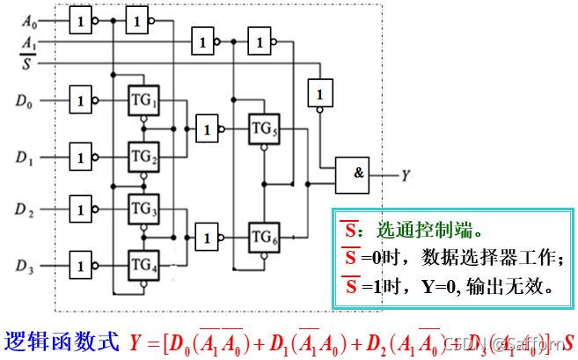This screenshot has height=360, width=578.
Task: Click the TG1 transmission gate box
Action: tap(143, 99)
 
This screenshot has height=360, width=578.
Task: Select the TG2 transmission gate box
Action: tap(143, 157)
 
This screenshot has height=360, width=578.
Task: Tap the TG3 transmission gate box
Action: tap(143, 209)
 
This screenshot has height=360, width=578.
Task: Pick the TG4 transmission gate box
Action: tap(143, 263)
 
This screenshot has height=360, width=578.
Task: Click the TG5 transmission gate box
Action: tap(263, 129)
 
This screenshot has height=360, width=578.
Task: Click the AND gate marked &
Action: tap(357, 174)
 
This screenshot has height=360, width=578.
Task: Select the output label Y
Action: tap(406, 176)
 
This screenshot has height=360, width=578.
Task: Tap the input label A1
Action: tap(30, 41)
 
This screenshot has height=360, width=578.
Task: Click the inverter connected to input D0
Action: tap(81, 100)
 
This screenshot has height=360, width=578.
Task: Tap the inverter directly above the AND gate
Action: tap(320, 92)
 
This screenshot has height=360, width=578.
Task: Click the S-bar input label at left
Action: tap(27, 62)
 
